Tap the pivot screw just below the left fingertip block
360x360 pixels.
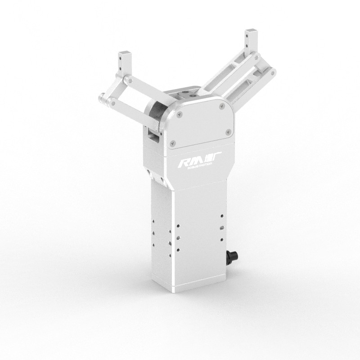[x=128, y=79]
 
